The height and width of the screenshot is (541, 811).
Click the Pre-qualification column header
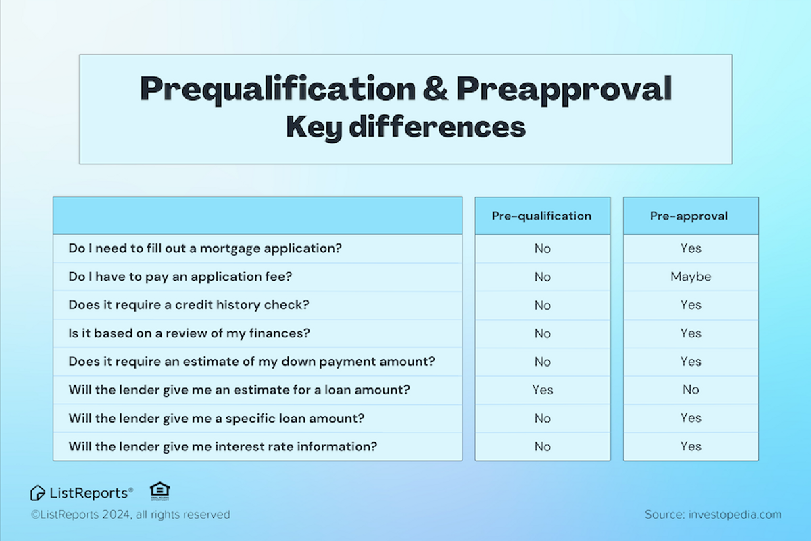pyautogui.click(x=541, y=216)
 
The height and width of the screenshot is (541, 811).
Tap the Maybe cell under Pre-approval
pyautogui.click(x=691, y=277)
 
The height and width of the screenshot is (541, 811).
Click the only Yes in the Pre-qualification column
pyautogui.click(x=542, y=390)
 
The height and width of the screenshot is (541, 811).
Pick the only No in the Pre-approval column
pyautogui.click(x=691, y=390)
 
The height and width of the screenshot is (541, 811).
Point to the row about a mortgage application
pyautogui.click(x=205, y=248)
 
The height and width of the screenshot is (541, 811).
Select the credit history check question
pyautogui.click(x=189, y=305)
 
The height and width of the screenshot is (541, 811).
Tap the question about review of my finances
pyautogui.click(x=189, y=333)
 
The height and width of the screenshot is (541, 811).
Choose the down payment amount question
pyautogui.click(x=251, y=362)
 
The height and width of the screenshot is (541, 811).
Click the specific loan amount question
pyautogui.click(x=216, y=418)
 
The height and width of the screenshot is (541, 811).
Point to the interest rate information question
pyautogui.click(x=222, y=446)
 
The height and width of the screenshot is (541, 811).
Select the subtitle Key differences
pyautogui.click(x=405, y=127)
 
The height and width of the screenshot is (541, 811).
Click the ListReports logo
pyautogui.click(x=82, y=492)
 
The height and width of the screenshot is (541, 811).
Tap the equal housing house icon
pyautogui.click(x=159, y=491)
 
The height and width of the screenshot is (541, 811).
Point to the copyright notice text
pyautogui.click(x=130, y=515)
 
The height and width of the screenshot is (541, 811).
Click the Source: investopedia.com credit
pyautogui.click(x=712, y=515)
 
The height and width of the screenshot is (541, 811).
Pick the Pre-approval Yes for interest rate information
pyautogui.click(x=691, y=446)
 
